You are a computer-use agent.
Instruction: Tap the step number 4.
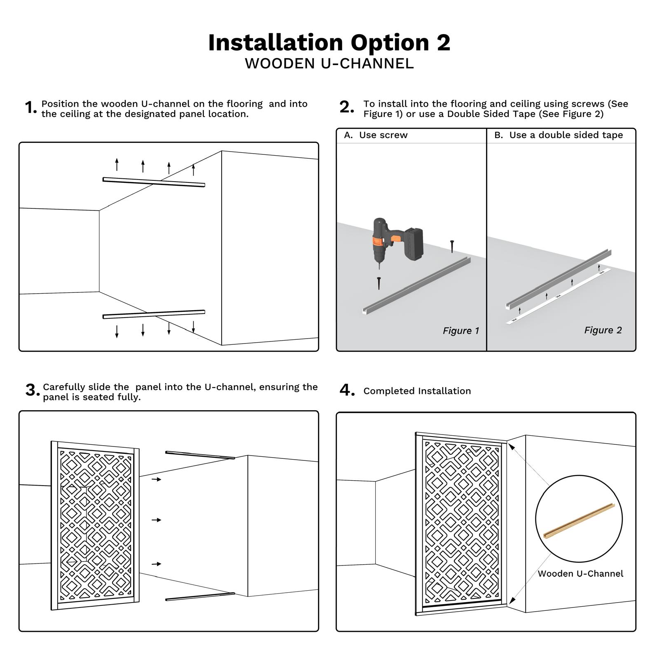[x=347, y=390]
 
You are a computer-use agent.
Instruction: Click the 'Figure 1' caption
[x=460, y=331]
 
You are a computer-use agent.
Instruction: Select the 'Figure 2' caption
[x=603, y=330]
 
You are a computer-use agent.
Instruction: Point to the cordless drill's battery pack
[x=414, y=244]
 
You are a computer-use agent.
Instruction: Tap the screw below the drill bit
[x=379, y=283]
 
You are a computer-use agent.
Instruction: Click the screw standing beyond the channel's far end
[x=452, y=246]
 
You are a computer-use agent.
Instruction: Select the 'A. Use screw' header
[x=376, y=135]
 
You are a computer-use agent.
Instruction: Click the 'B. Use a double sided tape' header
[x=559, y=135]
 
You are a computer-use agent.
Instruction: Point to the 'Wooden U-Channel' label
[x=580, y=574]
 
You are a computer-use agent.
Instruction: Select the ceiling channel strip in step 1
[x=154, y=182]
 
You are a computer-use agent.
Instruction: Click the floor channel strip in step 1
[x=154, y=314]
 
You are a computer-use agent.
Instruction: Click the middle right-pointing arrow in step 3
[x=156, y=520]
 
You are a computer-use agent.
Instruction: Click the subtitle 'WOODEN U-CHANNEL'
[x=329, y=64]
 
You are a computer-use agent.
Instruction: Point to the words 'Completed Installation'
[x=417, y=391]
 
